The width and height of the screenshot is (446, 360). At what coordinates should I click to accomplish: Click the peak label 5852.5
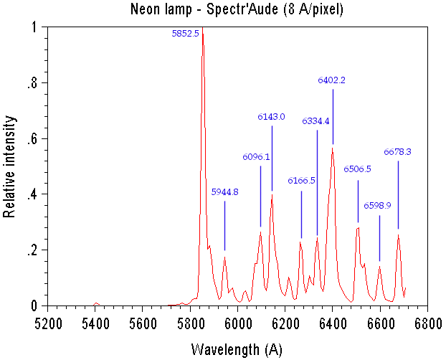tap(186, 34)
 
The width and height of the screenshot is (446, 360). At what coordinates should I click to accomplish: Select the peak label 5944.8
tap(224, 191)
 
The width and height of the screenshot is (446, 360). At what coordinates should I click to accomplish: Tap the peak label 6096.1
tap(256, 156)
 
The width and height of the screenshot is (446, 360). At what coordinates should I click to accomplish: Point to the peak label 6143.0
tap(272, 116)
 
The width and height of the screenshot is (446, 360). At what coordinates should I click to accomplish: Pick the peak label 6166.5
tap(301, 181)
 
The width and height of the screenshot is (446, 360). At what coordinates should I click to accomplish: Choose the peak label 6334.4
tap(315, 121)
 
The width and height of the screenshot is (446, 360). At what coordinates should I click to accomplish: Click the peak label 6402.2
tap(332, 80)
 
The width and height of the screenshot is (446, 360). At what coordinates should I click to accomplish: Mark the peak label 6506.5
tap(358, 169)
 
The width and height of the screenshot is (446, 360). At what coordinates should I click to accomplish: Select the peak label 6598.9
tap(377, 205)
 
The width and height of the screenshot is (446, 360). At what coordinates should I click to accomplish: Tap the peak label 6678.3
tap(397, 151)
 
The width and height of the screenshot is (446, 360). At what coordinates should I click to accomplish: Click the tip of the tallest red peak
tap(203, 28)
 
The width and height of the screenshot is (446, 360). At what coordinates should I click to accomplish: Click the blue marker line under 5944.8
tap(224, 226)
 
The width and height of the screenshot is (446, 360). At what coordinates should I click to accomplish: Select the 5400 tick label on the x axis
tap(95, 323)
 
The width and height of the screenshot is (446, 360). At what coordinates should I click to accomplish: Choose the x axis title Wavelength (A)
tap(237, 349)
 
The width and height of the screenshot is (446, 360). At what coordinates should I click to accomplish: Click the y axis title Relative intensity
tap(10, 165)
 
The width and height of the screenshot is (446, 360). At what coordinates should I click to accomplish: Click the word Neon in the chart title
tap(146, 9)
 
